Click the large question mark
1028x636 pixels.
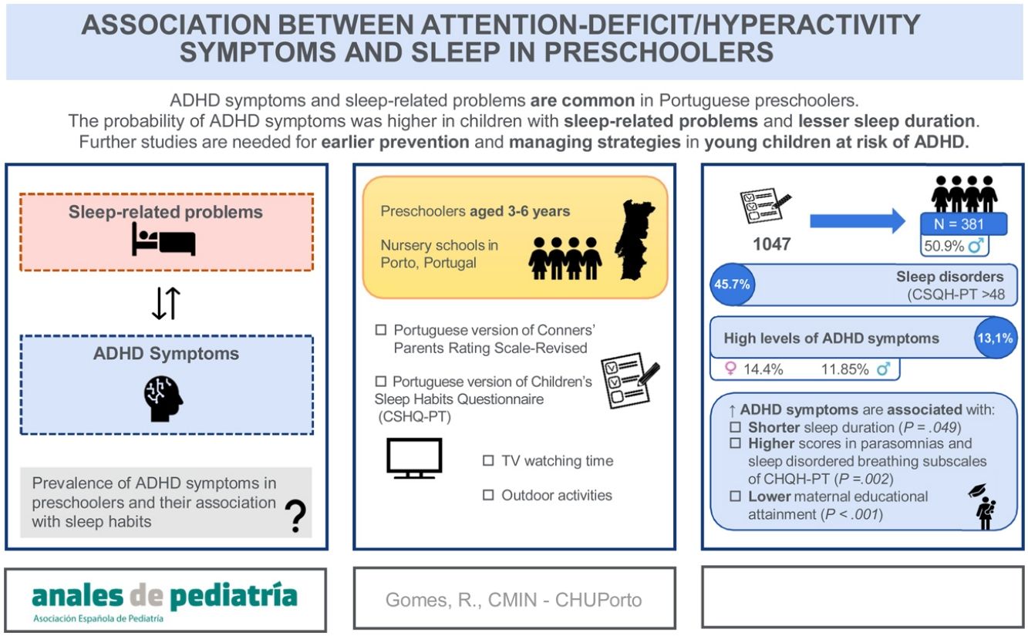[294, 517]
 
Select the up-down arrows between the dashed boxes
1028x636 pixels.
[166, 303]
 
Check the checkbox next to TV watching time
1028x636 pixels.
[488, 461]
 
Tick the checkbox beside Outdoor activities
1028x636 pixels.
[488, 496]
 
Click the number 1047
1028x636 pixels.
[770, 244]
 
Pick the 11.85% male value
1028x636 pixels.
[846, 369]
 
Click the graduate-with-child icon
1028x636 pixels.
[983, 506]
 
